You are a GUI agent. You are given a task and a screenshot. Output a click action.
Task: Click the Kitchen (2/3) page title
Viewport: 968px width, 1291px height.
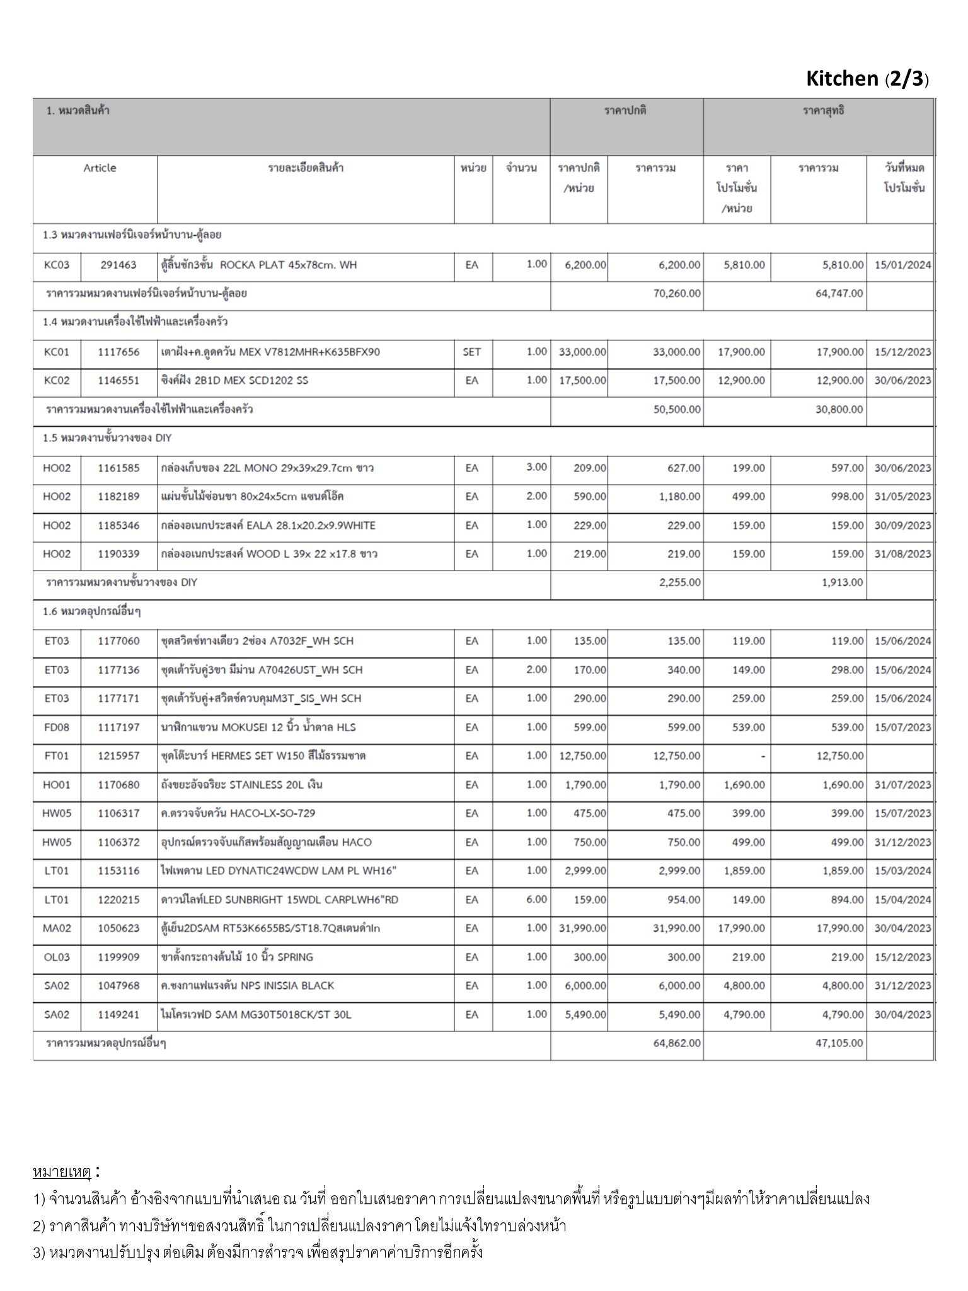[x=867, y=79]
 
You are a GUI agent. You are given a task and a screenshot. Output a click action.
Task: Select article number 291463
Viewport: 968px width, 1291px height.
[x=118, y=265]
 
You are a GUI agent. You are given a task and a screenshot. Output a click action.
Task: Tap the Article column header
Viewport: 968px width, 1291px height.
[x=100, y=168]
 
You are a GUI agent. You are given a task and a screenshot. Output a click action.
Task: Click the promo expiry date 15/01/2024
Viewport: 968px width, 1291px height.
[x=902, y=265]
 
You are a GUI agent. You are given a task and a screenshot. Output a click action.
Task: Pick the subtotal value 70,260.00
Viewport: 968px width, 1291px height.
[x=676, y=293]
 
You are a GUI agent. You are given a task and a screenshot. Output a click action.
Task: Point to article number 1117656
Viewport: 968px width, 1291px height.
[x=118, y=352]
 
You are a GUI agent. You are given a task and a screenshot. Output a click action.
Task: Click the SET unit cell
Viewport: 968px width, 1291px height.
[x=471, y=352]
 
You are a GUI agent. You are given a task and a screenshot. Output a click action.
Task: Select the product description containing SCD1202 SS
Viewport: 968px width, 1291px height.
[x=235, y=380]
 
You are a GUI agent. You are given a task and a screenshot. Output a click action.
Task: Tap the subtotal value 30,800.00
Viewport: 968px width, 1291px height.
[x=839, y=409]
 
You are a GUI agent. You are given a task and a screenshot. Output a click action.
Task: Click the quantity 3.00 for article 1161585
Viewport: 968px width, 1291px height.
[x=536, y=467]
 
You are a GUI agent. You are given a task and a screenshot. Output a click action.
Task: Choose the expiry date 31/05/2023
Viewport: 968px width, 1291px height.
[x=902, y=496]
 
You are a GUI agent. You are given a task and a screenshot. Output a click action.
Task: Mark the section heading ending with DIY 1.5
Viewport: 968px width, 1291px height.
[x=107, y=438]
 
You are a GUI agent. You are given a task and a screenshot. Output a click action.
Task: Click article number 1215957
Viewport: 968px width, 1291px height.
[x=118, y=755]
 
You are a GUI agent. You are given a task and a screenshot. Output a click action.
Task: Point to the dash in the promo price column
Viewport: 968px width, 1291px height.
[x=763, y=756]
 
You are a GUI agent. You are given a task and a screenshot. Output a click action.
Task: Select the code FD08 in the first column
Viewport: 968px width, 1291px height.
[x=57, y=727]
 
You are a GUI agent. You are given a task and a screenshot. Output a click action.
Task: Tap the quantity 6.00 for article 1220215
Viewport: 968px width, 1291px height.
[x=536, y=899]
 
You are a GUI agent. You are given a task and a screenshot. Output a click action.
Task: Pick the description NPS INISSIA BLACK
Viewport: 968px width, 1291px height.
[x=248, y=985]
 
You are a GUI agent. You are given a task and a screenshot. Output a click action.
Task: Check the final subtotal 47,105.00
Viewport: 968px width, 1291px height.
[x=839, y=1043]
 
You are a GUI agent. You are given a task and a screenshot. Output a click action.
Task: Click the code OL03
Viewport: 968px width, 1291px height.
[x=57, y=957]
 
